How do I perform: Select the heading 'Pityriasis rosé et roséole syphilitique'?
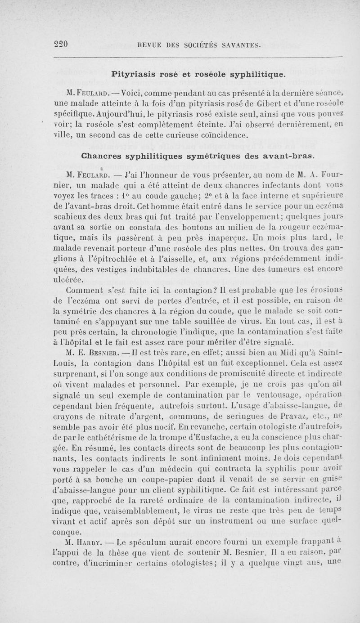pos(198,73)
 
